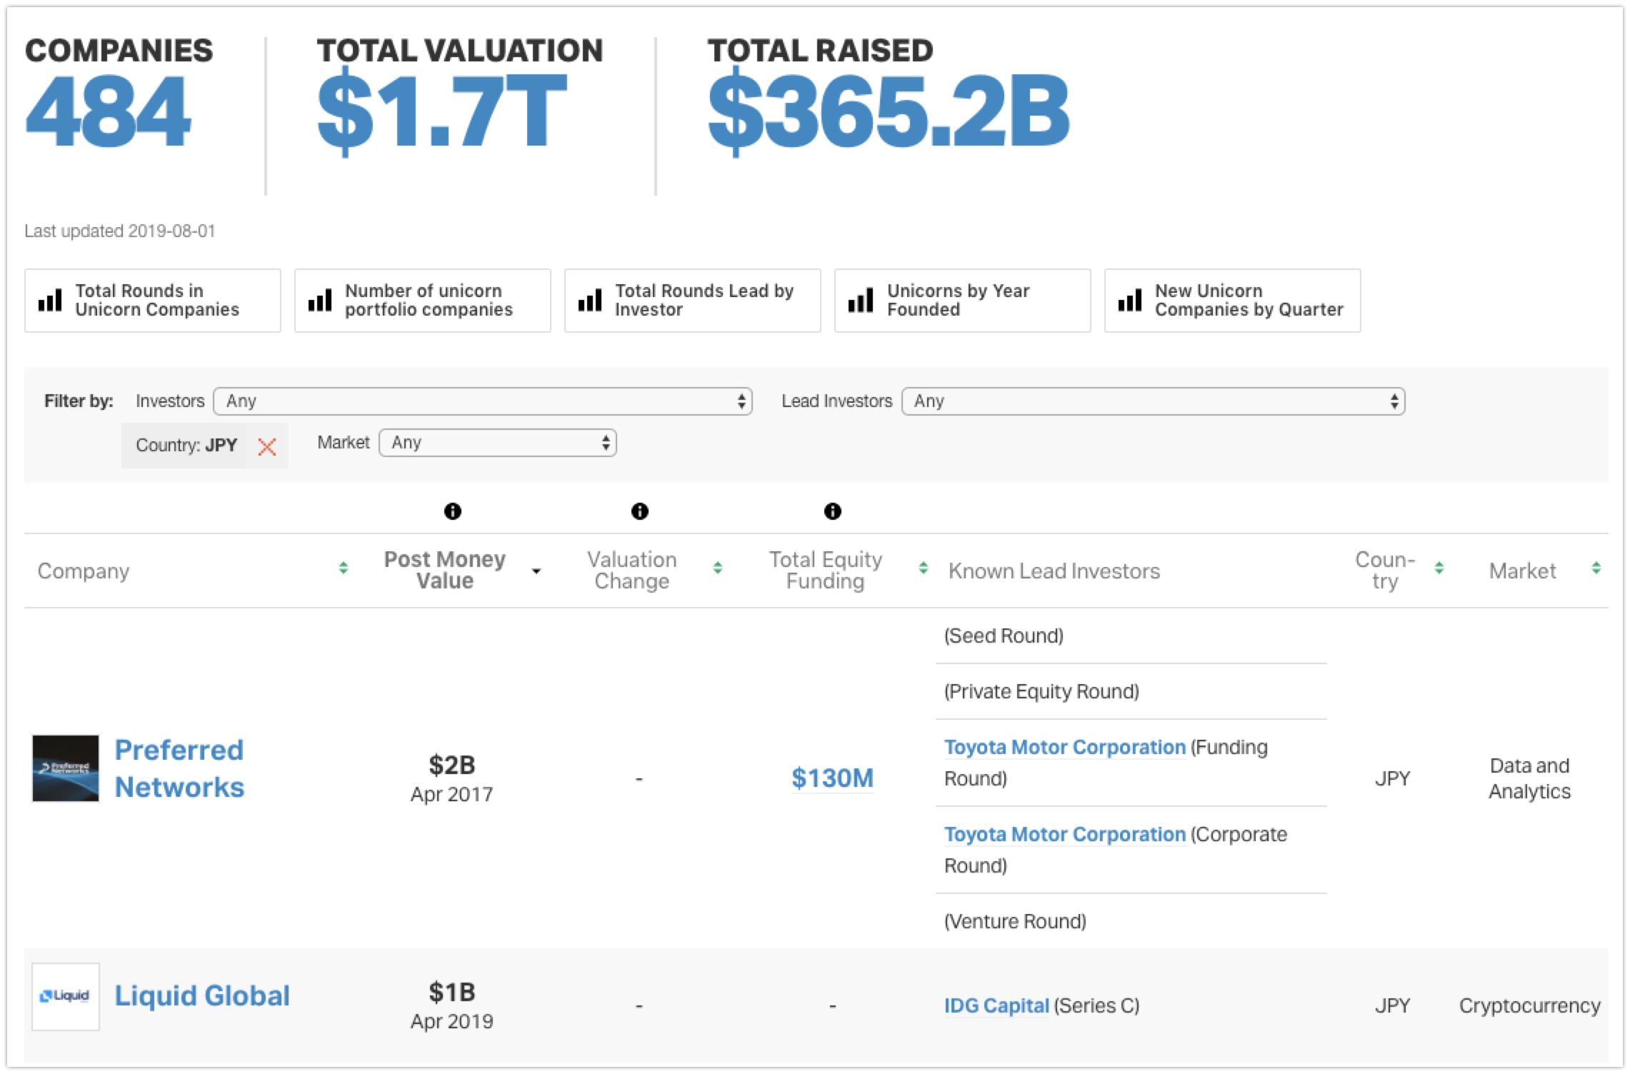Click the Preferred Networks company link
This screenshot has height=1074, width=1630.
point(179,768)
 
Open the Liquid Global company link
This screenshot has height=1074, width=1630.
point(202,995)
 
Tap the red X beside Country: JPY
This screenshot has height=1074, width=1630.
point(267,447)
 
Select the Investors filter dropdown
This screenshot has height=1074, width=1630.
point(483,401)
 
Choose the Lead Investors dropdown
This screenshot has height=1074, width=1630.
point(1154,401)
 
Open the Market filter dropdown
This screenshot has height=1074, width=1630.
point(498,443)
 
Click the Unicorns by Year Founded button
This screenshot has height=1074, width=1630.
point(962,301)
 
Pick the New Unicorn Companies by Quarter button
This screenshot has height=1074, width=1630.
point(1232,301)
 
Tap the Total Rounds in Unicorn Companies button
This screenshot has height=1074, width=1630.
point(153,301)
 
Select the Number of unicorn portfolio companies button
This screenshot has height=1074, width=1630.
point(423,301)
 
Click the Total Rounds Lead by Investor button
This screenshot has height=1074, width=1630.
point(693,301)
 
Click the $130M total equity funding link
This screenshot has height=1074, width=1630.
point(832,778)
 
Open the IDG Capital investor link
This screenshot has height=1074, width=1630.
point(996,1005)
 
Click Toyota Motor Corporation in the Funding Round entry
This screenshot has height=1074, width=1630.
point(1065,748)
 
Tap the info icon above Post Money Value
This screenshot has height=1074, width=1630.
point(453,511)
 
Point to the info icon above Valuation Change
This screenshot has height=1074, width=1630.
point(640,511)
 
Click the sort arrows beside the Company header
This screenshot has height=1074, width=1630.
point(344,568)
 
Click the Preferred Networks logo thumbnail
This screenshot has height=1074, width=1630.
point(66,768)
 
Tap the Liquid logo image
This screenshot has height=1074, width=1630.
point(66,996)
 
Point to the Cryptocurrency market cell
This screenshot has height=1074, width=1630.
point(1529,1006)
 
